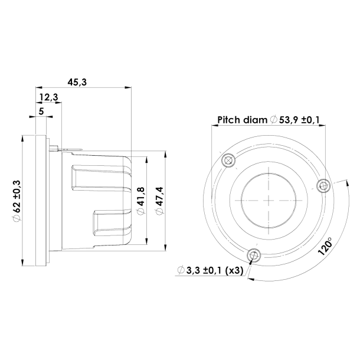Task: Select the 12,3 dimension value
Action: pos(49,97)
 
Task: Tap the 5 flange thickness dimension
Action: pos(41,110)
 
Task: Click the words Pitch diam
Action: pos(242,120)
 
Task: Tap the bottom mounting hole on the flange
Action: pos(254,255)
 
